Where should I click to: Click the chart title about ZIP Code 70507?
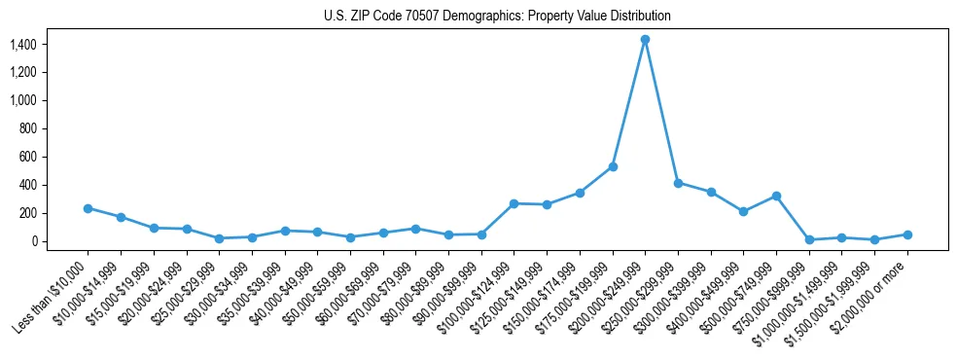coord(497,17)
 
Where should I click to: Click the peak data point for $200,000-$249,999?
coord(645,40)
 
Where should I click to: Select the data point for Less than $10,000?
coord(88,208)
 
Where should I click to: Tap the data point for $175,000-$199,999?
coord(613,166)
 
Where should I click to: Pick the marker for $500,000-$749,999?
coord(776,196)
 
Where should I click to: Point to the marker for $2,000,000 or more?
coord(907,234)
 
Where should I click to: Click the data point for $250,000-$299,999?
coord(678,183)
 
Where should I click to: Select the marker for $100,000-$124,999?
coord(514,203)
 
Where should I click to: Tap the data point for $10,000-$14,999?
coord(121,217)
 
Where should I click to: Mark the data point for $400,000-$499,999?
coord(743,211)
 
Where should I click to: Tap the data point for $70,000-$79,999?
coord(415,229)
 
